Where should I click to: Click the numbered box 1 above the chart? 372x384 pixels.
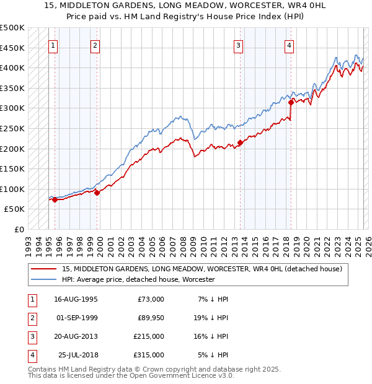coord(53,45)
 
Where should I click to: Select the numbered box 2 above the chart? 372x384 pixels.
coord(95,45)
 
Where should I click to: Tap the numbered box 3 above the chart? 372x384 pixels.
coord(239,45)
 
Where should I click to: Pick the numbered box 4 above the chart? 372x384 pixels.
coord(290,45)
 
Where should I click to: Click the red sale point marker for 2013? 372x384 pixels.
coord(240,142)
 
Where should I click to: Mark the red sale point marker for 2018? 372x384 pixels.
coord(290,102)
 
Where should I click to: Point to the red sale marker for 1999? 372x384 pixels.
coord(97,193)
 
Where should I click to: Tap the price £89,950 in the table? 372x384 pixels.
coord(151,318)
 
